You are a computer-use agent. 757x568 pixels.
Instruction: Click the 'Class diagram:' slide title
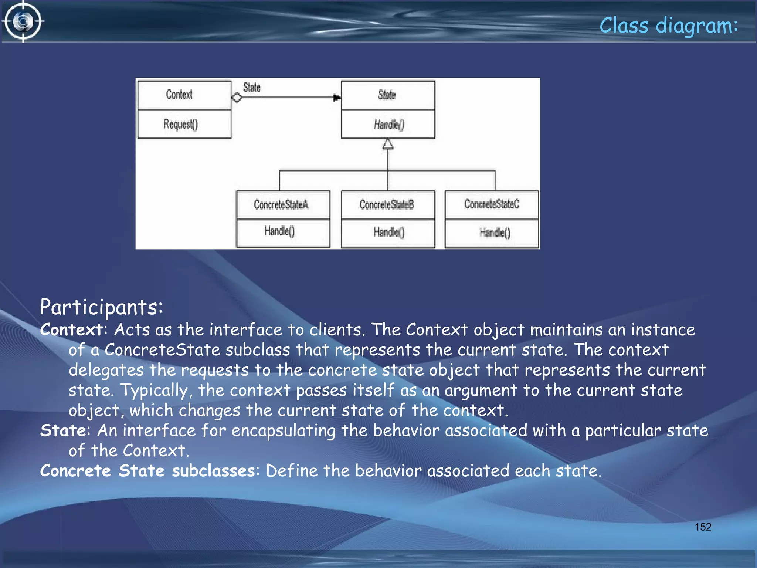point(668,26)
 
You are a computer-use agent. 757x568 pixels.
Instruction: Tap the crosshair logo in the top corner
point(23,21)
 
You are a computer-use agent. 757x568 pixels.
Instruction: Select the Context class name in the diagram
point(179,94)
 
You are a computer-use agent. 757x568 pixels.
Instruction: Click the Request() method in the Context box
point(180,124)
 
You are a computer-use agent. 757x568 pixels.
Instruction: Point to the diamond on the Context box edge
point(237,97)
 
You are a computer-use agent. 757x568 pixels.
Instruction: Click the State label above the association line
point(251,87)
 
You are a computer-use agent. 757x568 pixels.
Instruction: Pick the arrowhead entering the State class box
point(336,98)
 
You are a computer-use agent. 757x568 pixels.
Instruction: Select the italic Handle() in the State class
point(388,124)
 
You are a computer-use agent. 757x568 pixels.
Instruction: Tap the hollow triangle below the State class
point(388,144)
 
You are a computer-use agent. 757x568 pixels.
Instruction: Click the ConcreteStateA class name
point(281,204)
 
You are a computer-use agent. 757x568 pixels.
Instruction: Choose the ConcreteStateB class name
point(386,204)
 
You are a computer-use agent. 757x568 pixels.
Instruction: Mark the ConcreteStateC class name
point(492,203)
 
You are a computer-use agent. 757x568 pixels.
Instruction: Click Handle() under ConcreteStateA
point(279,231)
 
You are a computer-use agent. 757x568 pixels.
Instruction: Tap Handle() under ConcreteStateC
point(495,232)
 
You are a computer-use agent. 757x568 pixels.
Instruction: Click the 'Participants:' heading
point(101,307)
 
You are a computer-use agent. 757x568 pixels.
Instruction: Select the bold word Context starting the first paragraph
point(71,329)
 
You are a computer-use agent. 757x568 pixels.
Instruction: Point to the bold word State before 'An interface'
point(63,430)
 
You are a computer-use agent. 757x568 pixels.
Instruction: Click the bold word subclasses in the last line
point(213,471)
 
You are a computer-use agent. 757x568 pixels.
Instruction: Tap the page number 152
point(703,527)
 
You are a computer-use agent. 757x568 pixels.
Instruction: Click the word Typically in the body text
point(154,390)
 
